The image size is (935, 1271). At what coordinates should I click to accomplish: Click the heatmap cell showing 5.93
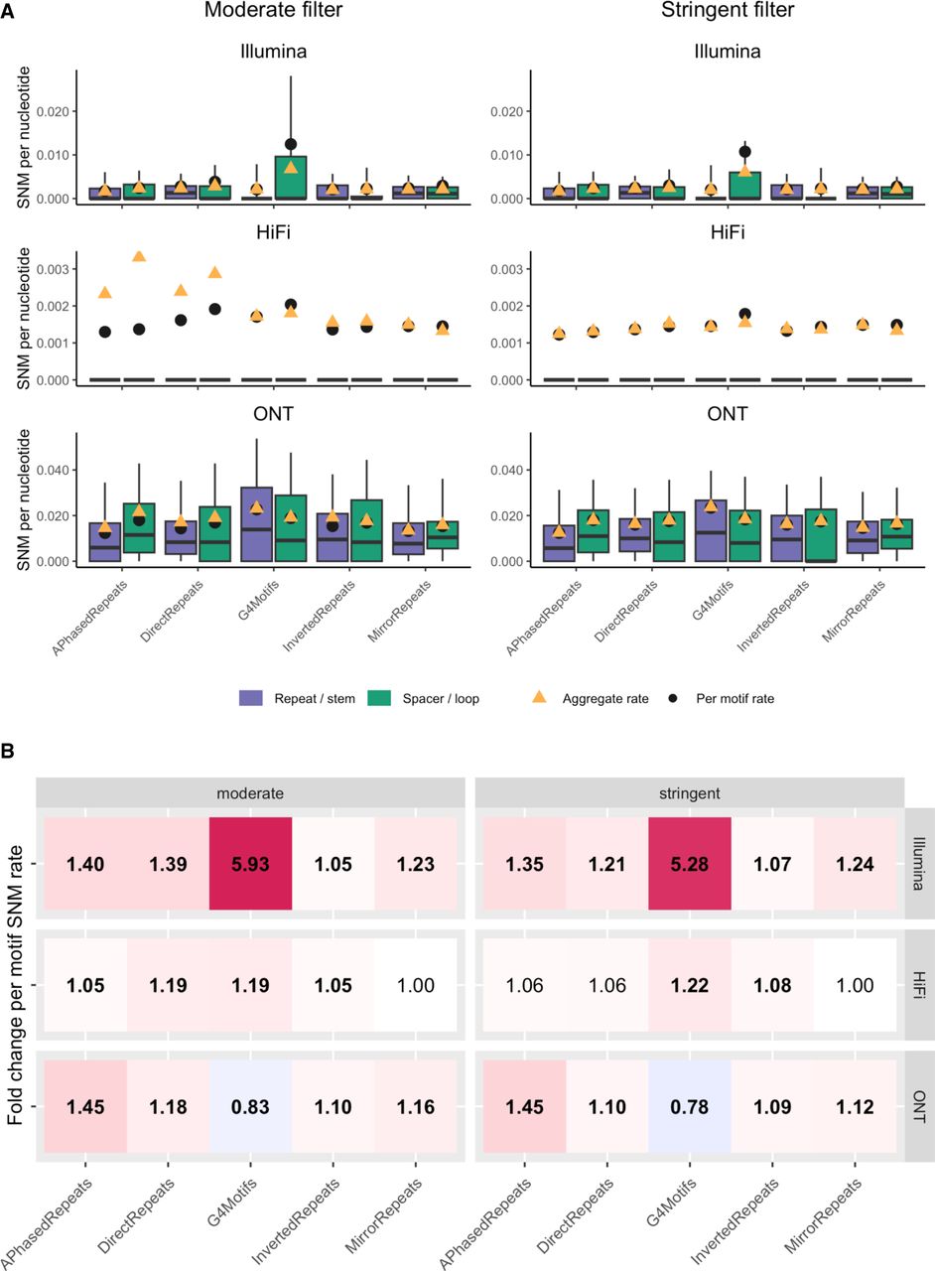pos(250,865)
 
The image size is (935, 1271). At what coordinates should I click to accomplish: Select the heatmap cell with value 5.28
pos(689,865)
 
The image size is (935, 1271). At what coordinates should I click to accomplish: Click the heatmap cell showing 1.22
pos(689,986)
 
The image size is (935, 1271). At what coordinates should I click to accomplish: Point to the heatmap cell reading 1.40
pos(86,865)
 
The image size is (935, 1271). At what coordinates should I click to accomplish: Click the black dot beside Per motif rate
pos(672,699)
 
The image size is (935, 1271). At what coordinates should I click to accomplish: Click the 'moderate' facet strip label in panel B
pos(250,792)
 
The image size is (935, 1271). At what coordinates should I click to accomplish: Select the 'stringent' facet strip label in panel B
pos(689,792)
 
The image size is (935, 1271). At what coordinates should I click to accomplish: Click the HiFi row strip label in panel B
pos(920,986)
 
